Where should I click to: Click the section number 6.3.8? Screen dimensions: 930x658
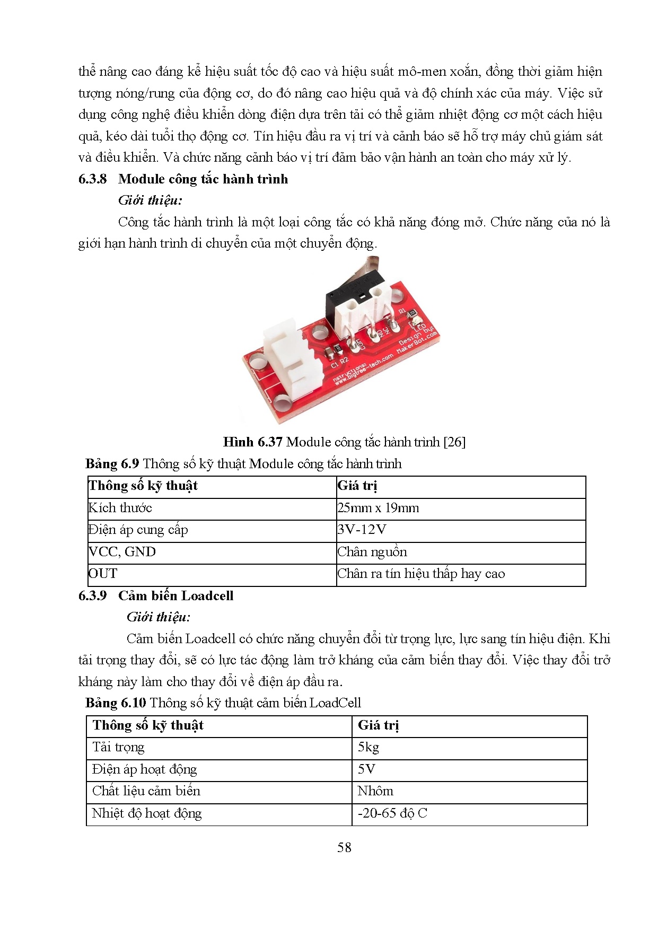coord(92,179)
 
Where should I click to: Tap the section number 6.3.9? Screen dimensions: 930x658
coord(92,596)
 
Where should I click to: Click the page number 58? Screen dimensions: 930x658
coord(344,848)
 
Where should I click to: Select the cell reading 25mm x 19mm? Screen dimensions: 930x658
coord(378,508)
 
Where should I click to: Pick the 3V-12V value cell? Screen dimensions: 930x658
coord(362,530)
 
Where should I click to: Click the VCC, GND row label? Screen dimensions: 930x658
coord(122,552)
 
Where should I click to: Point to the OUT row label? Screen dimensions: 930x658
coord(103,574)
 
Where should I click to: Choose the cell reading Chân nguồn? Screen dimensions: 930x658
coord(372,552)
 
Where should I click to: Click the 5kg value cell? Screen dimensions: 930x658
coord(369,748)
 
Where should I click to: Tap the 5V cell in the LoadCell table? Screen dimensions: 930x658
coord(366,769)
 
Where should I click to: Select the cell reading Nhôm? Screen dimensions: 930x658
coord(375,791)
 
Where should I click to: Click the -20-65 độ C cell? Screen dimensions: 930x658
coord(392,813)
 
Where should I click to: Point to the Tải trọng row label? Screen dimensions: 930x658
coord(118,748)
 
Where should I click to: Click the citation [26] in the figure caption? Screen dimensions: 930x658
coord(454,442)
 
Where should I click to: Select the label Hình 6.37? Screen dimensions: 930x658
coord(252,442)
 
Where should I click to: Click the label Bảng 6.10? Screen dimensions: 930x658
coord(116,703)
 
